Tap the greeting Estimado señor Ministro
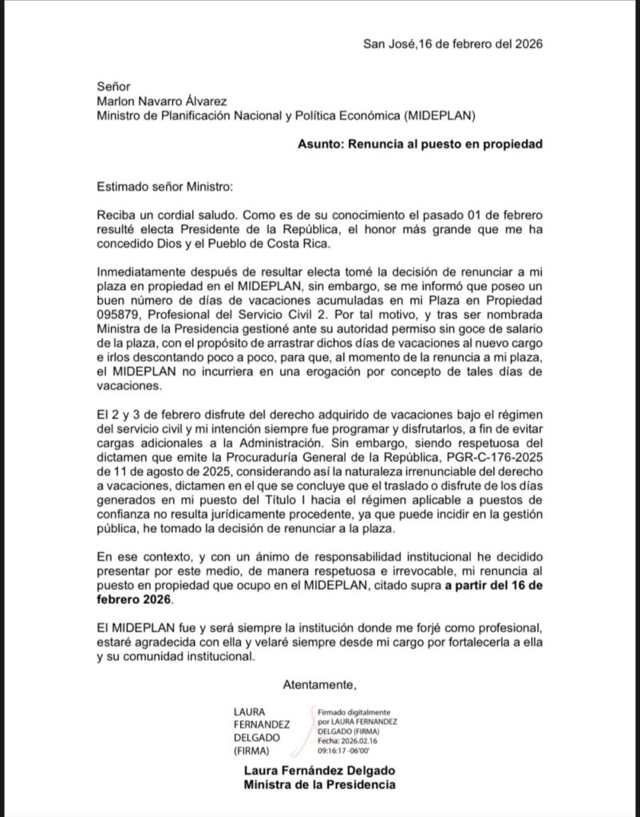tap(163, 187)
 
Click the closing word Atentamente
tap(319, 684)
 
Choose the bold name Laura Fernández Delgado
tap(319, 772)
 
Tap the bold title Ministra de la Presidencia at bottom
tap(319, 786)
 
